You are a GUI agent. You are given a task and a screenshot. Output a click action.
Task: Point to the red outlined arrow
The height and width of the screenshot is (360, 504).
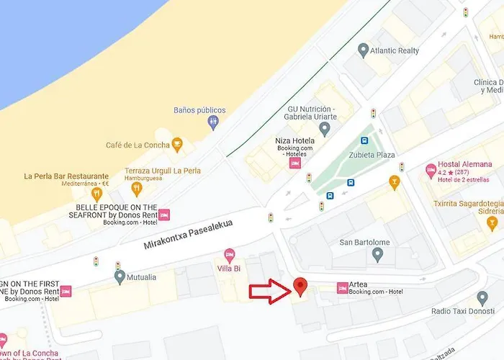click(269, 291)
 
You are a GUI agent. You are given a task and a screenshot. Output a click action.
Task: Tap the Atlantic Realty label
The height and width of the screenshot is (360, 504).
click(395, 50)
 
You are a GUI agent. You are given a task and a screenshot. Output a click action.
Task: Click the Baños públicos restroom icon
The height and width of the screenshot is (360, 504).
click(213, 122)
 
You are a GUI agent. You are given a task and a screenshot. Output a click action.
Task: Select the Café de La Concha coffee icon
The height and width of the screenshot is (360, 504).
click(176, 145)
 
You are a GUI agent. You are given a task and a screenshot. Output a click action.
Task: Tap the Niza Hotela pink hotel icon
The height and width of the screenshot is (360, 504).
click(294, 163)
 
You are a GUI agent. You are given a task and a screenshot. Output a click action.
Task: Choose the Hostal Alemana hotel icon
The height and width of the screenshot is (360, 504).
click(431, 171)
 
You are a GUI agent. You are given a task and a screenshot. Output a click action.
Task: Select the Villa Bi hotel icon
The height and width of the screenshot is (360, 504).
click(230, 254)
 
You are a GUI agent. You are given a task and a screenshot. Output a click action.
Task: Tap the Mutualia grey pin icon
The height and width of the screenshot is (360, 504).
click(120, 275)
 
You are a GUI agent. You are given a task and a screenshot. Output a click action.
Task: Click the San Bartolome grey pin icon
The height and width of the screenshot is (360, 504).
click(377, 254)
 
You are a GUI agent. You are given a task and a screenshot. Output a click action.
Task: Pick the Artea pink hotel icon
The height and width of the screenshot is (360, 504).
click(343, 288)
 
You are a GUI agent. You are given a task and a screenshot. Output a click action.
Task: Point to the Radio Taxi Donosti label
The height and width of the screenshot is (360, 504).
click(462, 311)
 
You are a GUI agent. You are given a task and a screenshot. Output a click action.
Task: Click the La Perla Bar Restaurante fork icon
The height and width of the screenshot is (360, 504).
click(96, 193)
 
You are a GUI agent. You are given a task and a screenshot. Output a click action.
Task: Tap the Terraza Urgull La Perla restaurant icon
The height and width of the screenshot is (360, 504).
click(137, 189)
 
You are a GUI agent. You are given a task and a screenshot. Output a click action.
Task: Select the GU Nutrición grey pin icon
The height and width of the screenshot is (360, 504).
click(325, 130)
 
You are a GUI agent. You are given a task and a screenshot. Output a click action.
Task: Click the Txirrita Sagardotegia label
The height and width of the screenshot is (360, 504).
click(468, 203)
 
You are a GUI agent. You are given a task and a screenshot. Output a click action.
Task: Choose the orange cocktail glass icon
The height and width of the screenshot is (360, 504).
click(394, 182)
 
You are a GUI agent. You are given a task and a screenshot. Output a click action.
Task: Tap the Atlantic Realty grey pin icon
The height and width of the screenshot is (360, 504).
click(364, 50)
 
